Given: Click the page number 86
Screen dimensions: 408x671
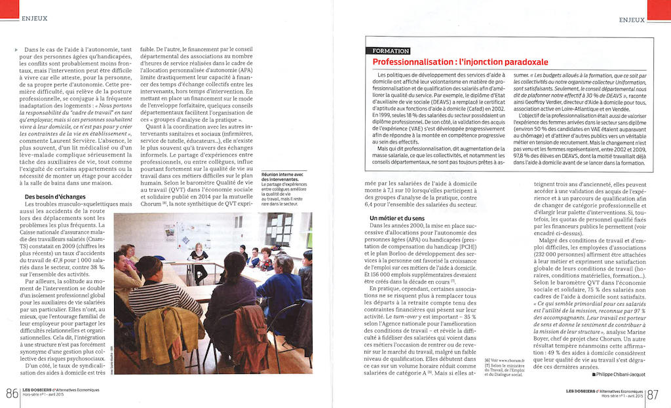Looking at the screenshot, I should (11, 394).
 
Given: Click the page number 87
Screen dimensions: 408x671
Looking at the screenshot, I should (653, 394).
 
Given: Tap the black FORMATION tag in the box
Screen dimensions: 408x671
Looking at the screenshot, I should (391, 51).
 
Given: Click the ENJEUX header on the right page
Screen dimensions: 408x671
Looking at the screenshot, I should (632, 20).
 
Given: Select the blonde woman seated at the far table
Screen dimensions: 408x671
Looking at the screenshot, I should (197, 255).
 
